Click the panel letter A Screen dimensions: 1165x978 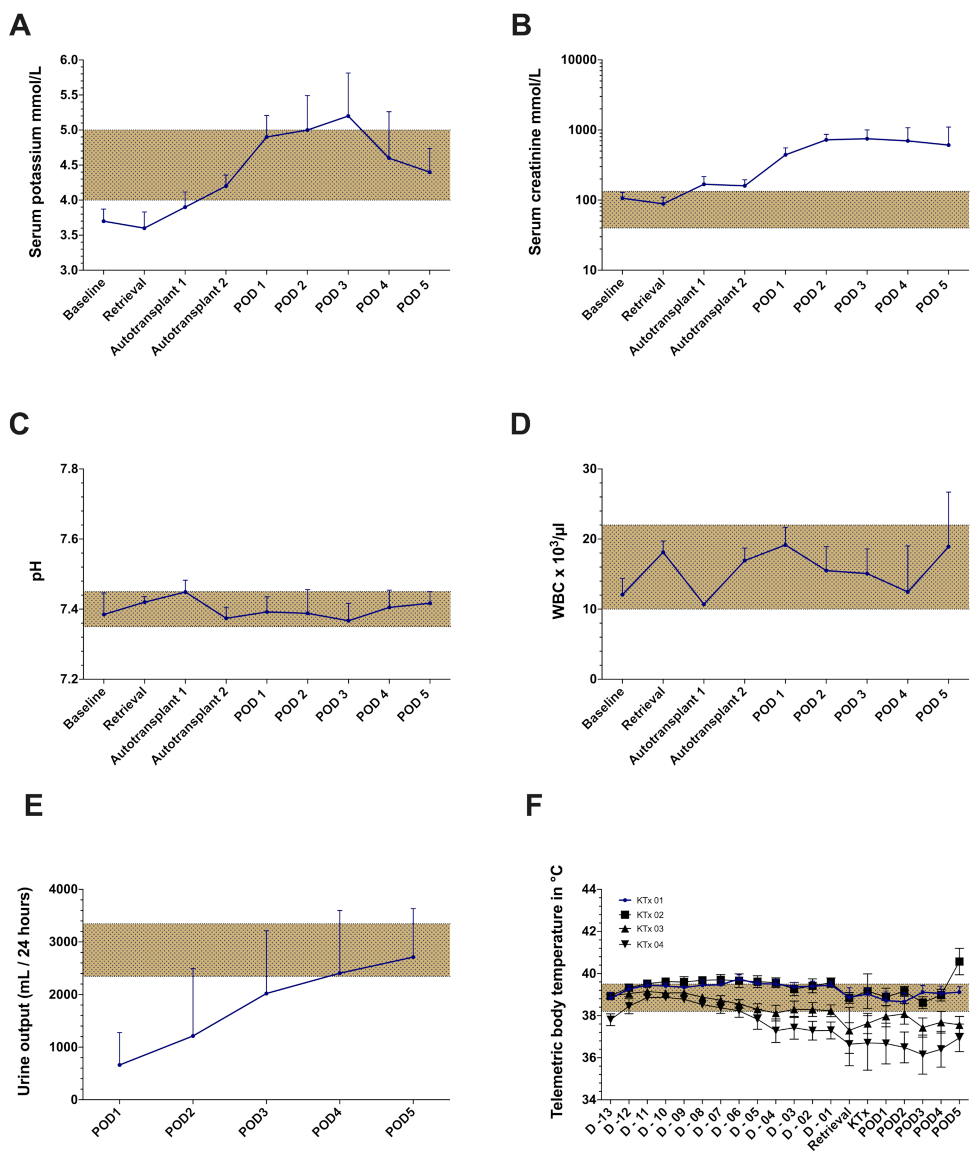pos(20,26)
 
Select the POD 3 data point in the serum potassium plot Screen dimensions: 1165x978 pos(348,116)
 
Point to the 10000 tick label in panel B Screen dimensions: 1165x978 pos(579,60)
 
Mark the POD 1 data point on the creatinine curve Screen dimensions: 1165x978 pos(785,155)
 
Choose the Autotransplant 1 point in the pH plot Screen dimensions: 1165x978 pos(185,592)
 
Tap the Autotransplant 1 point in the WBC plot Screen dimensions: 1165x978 pos(704,604)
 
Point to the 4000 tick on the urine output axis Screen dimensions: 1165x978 pos(65,890)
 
